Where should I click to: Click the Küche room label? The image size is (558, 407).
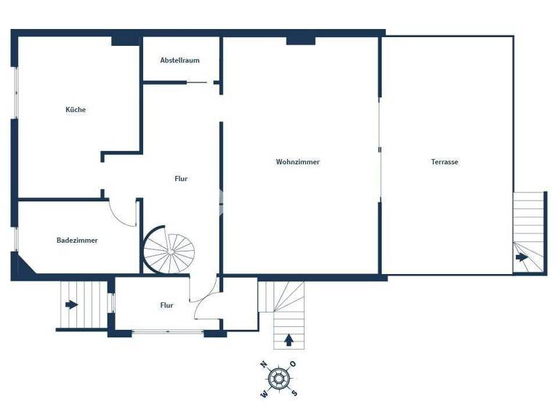pyautogui.click(x=76, y=110)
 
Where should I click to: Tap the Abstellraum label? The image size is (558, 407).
pyautogui.click(x=179, y=60)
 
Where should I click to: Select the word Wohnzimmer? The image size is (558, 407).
pyautogui.click(x=297, y=162)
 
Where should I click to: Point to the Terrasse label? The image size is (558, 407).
pyautogui.click(x=444, y=162)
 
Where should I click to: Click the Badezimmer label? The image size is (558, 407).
pyautogui.click(x=77, y=240)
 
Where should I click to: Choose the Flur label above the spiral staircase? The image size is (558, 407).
pyautogui.click(x=181, y=178)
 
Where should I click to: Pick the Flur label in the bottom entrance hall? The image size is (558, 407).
pyautogui.click(x=166, y=305)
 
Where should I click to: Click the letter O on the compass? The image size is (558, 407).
pyautogui.click(x=293, y=363)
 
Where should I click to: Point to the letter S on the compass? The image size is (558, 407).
pyautogui.click(x=294, y=393)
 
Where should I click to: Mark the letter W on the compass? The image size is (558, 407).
pyautogui.click(x=263, y=395)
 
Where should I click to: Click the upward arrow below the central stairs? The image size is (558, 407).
pyautogui.click(x=289, y=339)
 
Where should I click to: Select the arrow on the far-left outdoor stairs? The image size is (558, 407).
pyautogui.click(x=70, y=305)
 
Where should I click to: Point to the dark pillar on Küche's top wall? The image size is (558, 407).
pyautogui.click(x=126, y=41)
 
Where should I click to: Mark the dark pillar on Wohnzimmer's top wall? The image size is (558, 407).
pyautogui.click(x=300, y=41)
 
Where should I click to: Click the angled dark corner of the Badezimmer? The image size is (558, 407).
pyautogui.click(x=23, y=267)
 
